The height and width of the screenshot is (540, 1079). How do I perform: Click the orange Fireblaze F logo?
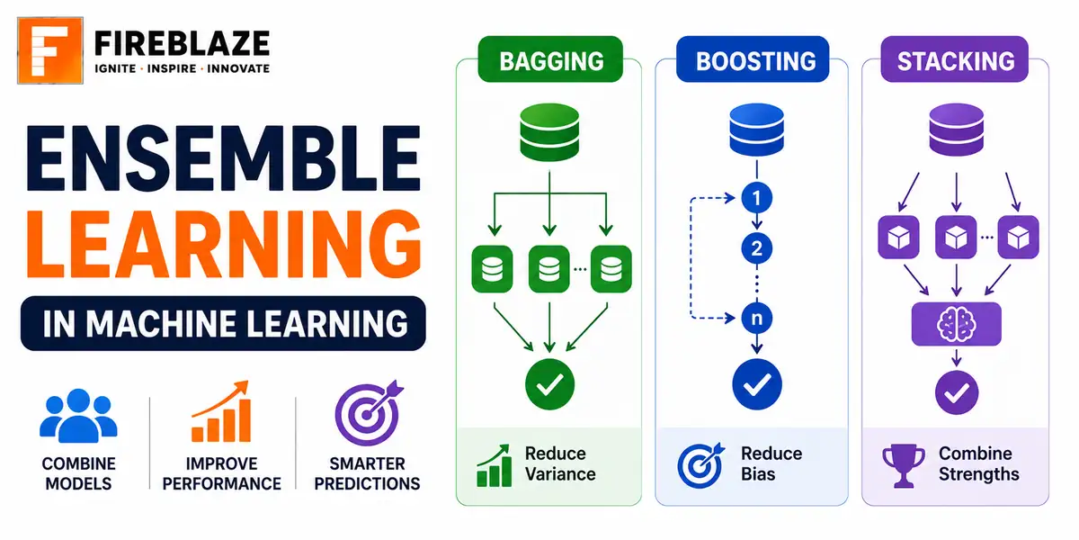[x=50, y=50]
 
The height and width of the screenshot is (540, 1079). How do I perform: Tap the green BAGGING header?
[x=550, y=59]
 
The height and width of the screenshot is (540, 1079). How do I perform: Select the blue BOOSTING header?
[x=753, y=59]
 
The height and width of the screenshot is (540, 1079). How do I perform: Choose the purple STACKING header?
[x=955, y=59]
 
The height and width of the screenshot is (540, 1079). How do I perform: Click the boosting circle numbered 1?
[x=757, y=198]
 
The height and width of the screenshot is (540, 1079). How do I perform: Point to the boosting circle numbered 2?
[x=757, y=248]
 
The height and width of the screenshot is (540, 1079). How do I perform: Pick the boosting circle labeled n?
[x=757, y=319]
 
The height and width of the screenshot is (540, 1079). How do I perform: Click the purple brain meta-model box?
[x=956, y=324]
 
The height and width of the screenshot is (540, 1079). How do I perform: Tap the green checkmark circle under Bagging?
[x=549, y=384]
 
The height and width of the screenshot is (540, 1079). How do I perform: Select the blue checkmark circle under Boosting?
[x=757, y=384]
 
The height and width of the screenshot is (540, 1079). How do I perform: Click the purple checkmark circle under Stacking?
[x=957, y=392]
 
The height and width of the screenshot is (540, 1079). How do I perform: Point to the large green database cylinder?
[x=549, y=132]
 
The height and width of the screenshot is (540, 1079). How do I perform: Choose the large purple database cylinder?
[x=956, y=130]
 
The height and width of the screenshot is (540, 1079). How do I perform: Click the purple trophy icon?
[x=903, y=465]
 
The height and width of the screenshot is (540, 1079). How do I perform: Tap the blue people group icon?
[x=78, y=416]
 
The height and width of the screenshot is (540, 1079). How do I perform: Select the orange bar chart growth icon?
[x=221, y=412]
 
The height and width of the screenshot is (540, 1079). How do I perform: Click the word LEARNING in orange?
[x=225, y=244]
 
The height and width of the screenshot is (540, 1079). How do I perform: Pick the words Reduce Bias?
[x=771, y=463]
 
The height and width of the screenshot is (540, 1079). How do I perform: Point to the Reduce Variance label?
[x=560, y=463]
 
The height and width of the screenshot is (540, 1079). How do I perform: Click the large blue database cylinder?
[x=757, y=130]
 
